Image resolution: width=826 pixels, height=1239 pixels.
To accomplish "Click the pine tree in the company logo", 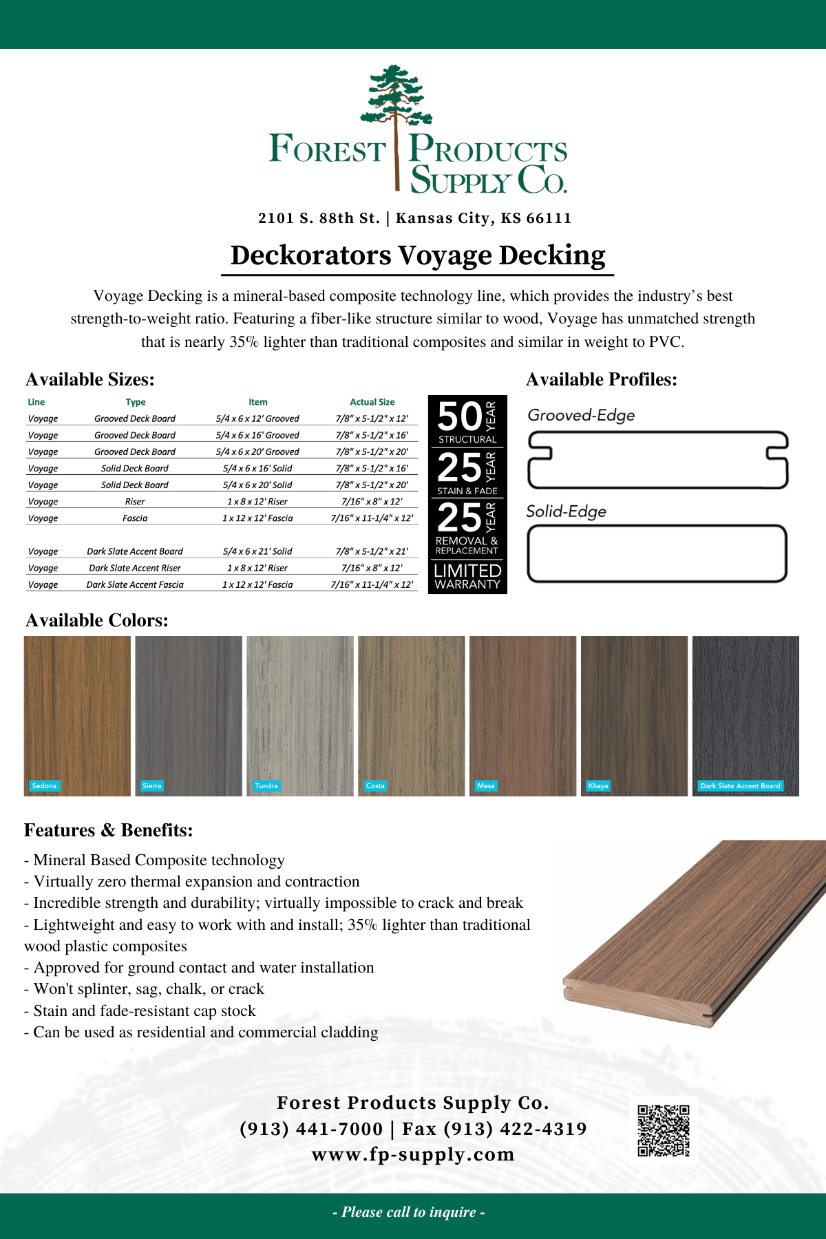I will pos(396,103).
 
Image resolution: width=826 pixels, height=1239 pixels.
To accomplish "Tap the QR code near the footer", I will pos(663,1130).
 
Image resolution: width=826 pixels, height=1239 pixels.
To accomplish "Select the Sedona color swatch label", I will pos(44,785).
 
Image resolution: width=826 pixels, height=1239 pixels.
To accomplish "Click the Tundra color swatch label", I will pos(266,785).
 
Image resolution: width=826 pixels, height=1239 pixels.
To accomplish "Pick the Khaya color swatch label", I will pos(598,785).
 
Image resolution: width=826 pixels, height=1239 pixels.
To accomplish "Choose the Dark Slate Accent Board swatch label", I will pos(740,785).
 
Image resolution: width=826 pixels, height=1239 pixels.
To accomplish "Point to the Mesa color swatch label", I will pos(486,785).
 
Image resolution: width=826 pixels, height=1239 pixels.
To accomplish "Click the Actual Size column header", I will pos(372,402).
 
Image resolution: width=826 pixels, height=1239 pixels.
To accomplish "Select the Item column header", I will pos(258,402).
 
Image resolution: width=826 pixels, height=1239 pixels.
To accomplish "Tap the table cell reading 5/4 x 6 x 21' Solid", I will pos(257,551).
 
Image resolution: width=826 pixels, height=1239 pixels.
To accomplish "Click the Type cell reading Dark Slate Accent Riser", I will pos(135,568).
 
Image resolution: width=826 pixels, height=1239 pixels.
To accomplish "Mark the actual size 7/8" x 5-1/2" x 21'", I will pos(372,551).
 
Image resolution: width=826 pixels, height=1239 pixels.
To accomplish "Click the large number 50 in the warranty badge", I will pos(459,417).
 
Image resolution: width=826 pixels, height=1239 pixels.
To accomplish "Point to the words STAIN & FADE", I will pos(467,491).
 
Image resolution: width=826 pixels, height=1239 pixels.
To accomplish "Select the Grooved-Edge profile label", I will pos(581,415).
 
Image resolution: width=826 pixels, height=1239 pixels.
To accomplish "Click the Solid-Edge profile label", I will pos(566,511).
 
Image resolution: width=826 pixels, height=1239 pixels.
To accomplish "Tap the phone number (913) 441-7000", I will pos(311,1129).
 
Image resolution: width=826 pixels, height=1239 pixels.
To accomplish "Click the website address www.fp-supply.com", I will pos(413,1154).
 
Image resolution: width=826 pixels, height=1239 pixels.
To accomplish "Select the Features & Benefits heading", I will pos(108,830).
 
